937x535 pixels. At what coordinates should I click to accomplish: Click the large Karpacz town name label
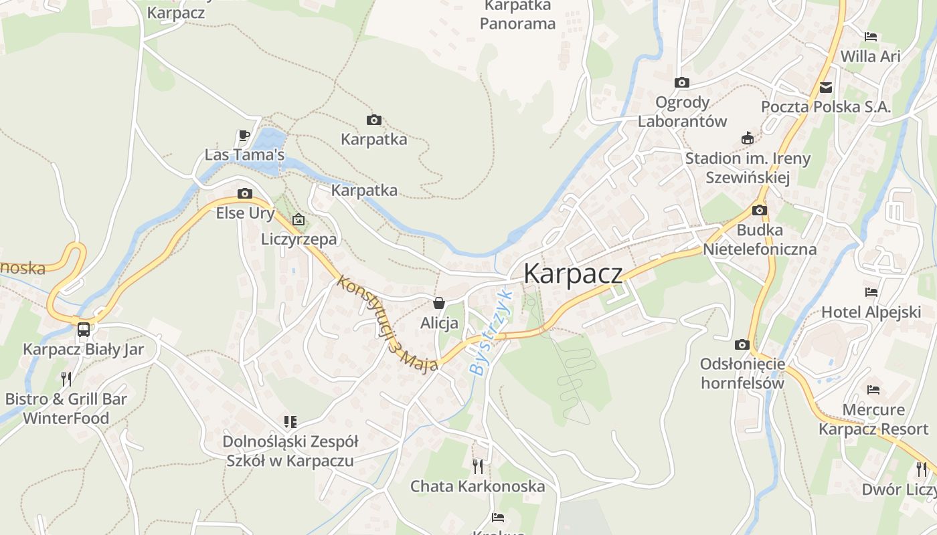point(572,274)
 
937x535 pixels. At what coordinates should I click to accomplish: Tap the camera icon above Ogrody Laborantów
point(682,82)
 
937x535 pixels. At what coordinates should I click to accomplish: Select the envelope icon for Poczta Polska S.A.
point(826,87)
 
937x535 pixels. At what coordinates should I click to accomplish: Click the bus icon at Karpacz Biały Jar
point(84,329)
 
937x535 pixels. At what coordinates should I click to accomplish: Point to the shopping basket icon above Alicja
point(439,303)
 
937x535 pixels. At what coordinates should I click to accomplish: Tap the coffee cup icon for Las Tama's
point(244,135)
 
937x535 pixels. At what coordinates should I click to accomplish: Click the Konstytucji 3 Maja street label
point(388,324)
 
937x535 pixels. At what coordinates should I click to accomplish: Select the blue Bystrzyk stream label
point(491,332)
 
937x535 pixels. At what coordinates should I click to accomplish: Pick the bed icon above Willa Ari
point(871,37)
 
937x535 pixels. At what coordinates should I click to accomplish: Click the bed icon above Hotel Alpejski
point(871,292)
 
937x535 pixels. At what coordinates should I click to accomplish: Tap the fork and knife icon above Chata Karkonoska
point(478,466)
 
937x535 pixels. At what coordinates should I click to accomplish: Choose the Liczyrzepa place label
point(299,239)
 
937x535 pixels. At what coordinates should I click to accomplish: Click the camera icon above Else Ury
point(245,193)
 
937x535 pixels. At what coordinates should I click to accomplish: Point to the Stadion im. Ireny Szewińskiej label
point(748,168)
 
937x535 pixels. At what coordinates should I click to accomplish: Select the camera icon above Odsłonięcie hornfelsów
point(742,344)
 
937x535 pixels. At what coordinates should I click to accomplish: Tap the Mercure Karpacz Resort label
point(873,419)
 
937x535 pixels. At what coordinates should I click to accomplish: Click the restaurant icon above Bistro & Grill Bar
point(66,379)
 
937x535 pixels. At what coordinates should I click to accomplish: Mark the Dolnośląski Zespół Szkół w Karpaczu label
point(290,451)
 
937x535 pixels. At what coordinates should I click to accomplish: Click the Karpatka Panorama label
point(518,15)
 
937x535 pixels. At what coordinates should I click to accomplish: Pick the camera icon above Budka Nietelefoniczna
point(760,210)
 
